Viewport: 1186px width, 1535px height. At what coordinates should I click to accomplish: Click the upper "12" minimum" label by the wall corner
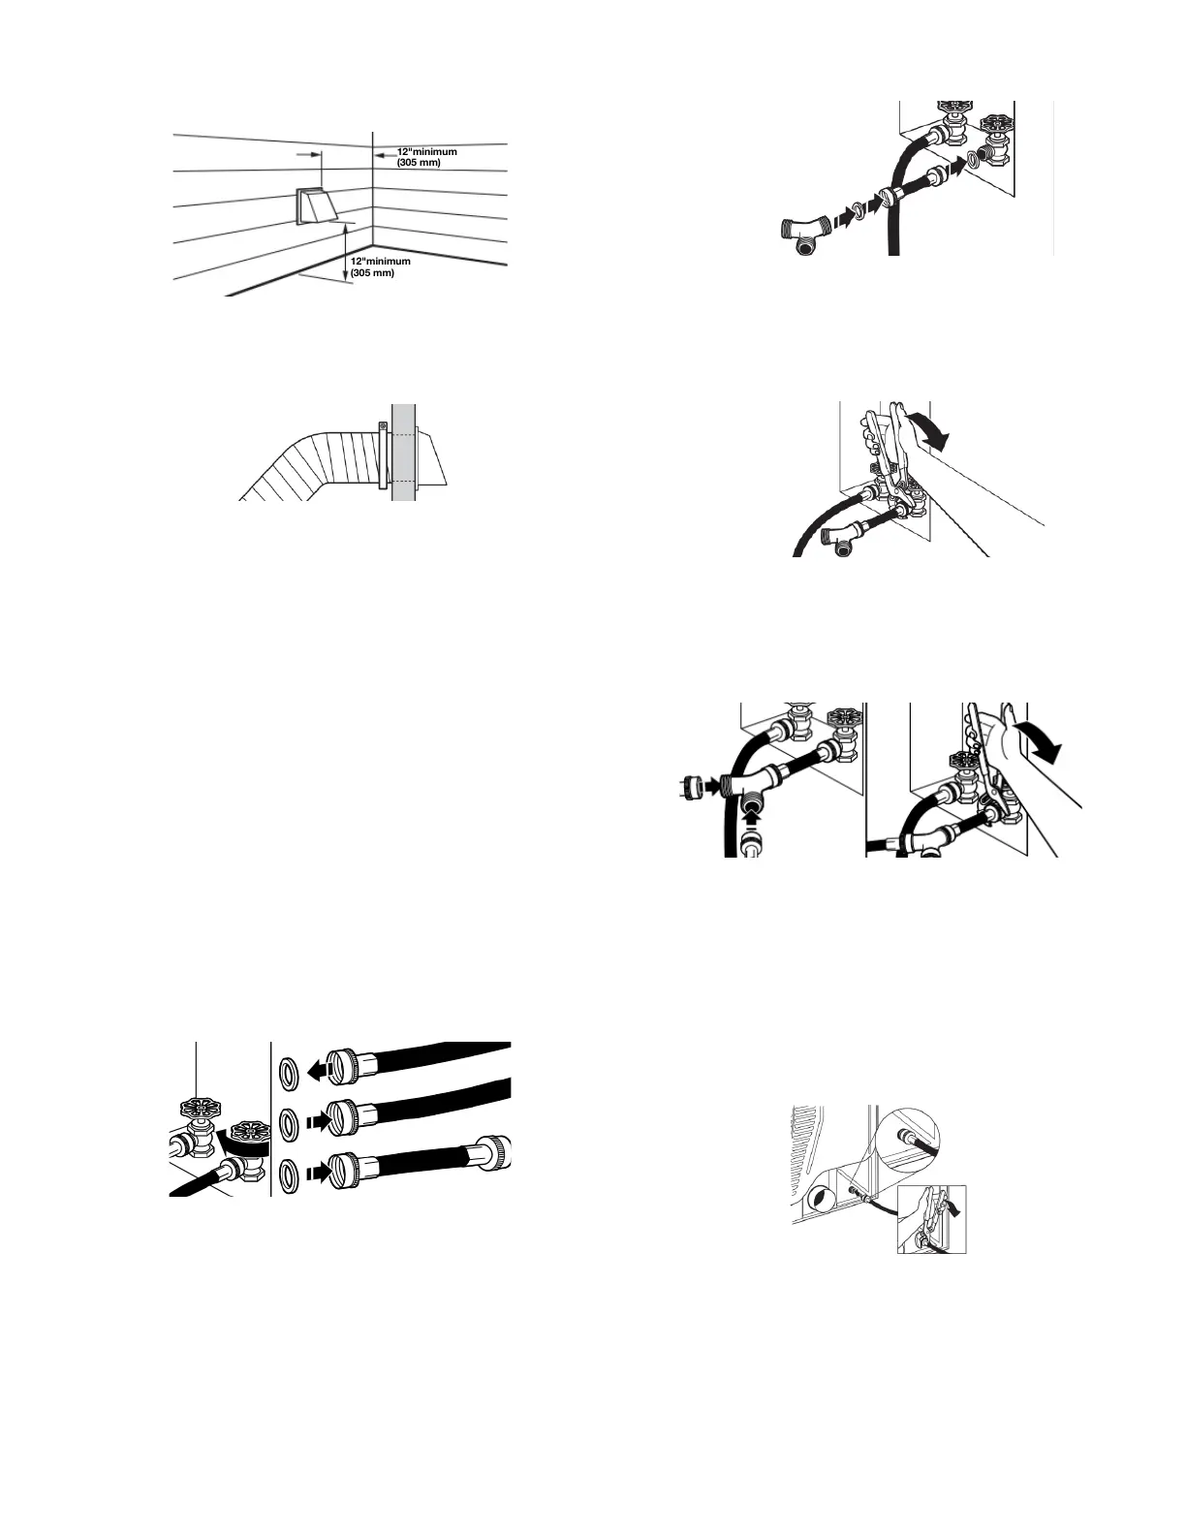click(426, 157)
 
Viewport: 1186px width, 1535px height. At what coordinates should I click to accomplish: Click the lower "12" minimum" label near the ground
click(380, 267)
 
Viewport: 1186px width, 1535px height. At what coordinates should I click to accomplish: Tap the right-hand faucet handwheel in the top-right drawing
click(995, 129)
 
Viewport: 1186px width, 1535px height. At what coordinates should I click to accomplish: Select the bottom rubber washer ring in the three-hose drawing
click(288, 1174)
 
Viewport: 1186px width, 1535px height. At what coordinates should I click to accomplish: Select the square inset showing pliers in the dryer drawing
click(932, 1218)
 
